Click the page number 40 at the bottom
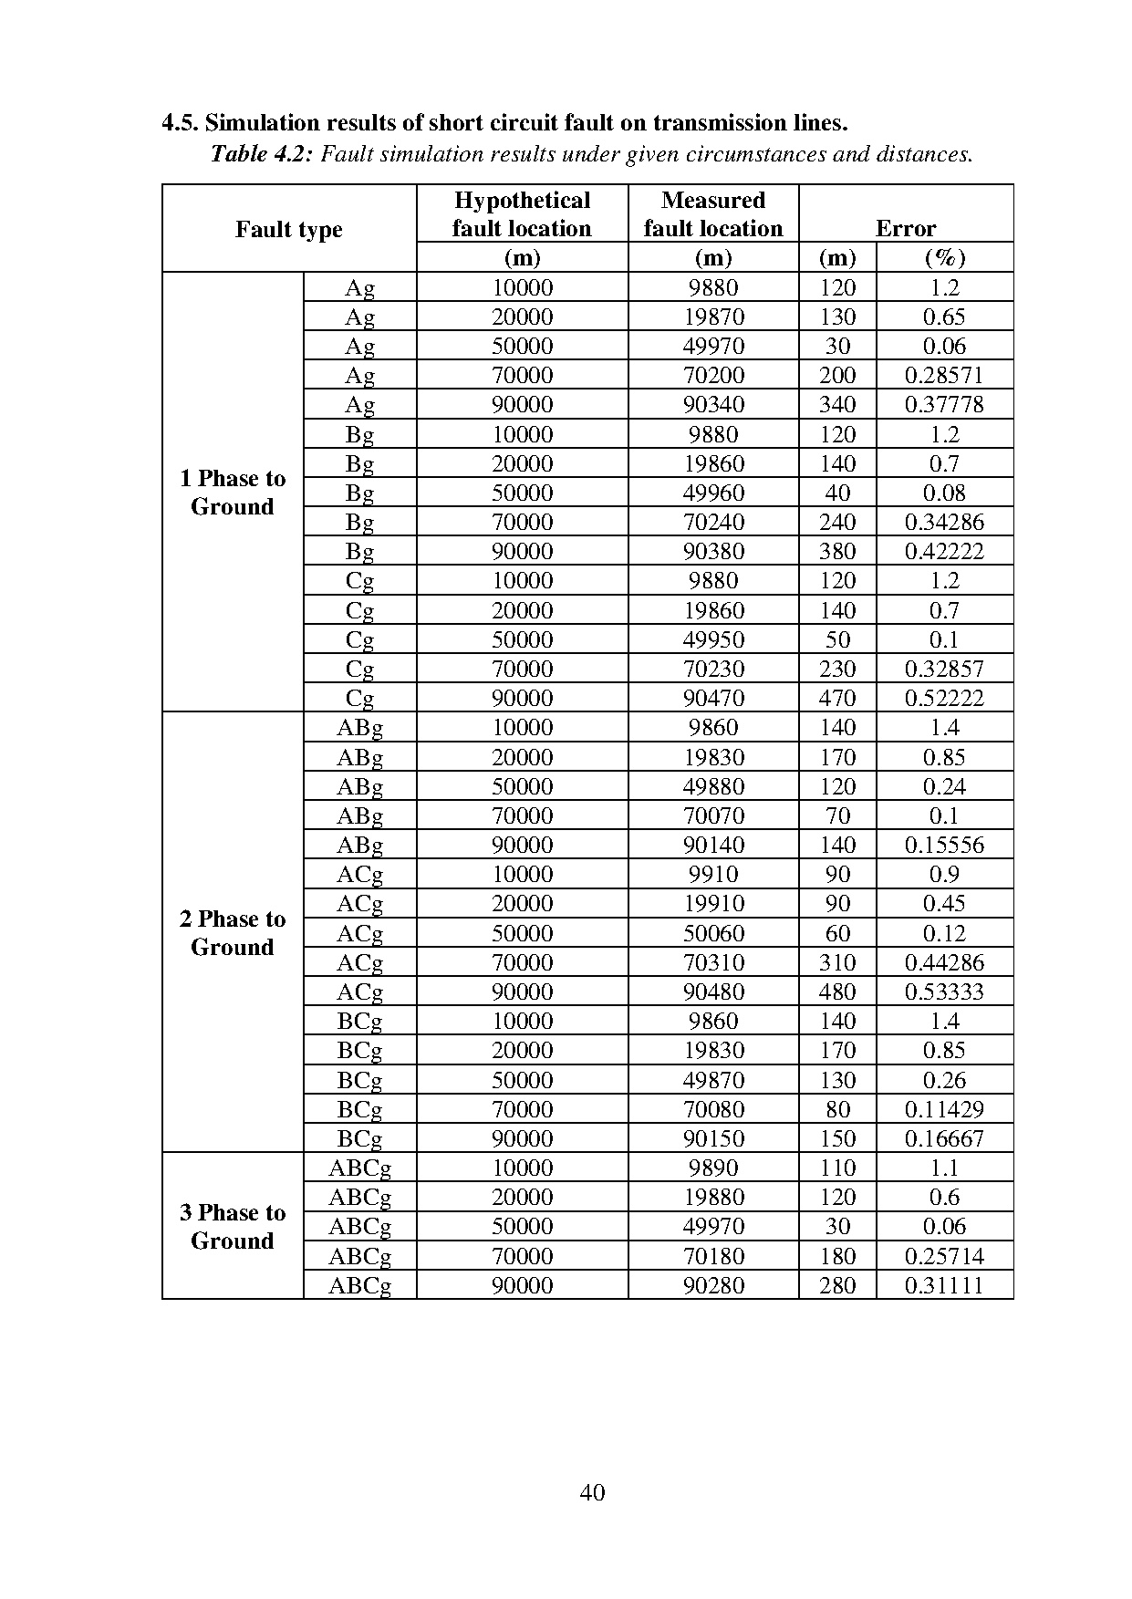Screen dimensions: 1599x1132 (592, 1492)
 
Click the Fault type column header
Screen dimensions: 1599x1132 (288, 229)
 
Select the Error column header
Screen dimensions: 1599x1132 (905, 229)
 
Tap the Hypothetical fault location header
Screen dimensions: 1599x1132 (522, 214)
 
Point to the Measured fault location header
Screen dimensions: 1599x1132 (712, 214)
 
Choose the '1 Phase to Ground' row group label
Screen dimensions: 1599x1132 (233, 493)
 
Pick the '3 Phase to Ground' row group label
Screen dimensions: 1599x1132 (233, 1226)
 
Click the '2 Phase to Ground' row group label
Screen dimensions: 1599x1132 (233, 932)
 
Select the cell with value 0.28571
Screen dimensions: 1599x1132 (944, 375)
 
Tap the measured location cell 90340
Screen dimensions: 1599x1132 (713, 404)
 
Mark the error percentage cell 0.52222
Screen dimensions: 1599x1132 (944, 698)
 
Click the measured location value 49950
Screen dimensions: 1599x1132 (713, 639)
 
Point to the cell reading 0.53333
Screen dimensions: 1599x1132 (944, 992)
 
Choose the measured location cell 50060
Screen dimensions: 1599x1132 (713, 933)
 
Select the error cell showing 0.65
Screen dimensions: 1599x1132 (944, 317)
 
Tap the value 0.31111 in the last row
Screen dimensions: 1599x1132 (944, 1285)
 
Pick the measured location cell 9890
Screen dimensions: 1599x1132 (713, 1168)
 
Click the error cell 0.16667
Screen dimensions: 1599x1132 (944, 1138)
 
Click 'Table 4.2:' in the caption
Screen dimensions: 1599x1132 (262, 154)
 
